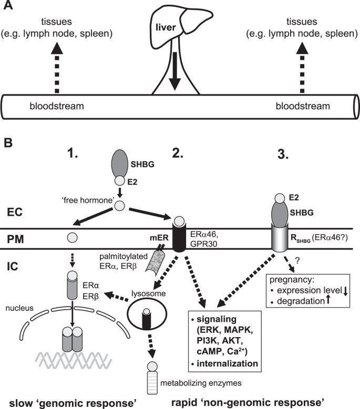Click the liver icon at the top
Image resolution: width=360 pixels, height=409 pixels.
182,24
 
